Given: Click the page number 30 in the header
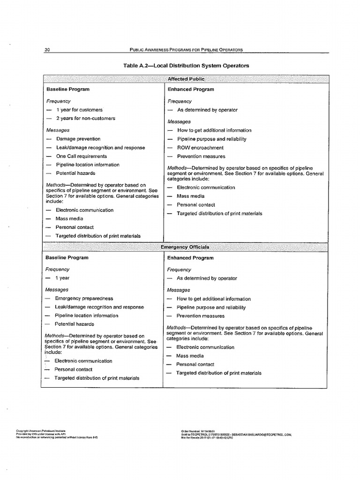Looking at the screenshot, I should [47, 50].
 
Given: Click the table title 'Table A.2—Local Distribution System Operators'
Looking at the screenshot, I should [186, 66].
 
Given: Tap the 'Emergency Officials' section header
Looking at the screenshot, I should [185, 247].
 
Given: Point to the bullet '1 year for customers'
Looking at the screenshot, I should [79, 110].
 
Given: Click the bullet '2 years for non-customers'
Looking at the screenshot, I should [85, 119].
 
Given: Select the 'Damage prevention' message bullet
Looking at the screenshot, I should [78, 139].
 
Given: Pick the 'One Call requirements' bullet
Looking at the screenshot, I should [82, 156].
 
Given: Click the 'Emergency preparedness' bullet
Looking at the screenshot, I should [84, 298].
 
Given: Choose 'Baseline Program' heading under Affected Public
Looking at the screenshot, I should [67, 89].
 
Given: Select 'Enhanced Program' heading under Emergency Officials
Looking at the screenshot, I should [190, 258].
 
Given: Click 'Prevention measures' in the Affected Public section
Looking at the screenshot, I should [201, 156].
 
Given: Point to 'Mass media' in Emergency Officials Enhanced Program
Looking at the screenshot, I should [190, 356].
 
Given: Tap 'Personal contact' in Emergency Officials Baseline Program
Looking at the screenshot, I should [74, 369].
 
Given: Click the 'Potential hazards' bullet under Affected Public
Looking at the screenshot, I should [75, 173].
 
